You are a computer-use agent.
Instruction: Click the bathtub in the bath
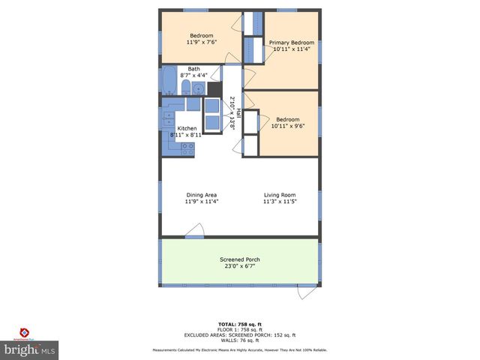coord(169,78)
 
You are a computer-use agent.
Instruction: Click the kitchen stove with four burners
coord(187,148)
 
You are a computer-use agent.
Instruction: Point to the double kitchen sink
coord(169,120)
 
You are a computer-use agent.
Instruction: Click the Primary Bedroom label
coord(291,43)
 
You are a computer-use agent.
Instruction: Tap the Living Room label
coord(280,195)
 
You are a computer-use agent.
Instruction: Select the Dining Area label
coord(201,195)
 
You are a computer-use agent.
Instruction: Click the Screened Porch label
coord(240,259)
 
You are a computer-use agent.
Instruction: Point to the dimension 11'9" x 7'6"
coord(201,43)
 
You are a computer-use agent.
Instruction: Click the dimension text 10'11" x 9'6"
coord(287,126)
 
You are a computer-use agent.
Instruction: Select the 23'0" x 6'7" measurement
coord(240,266)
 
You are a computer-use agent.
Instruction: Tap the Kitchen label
coord(187,128)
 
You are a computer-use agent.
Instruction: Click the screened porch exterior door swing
coord(307,292)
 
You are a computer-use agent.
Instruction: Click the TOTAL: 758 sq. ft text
coord(239,324)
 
